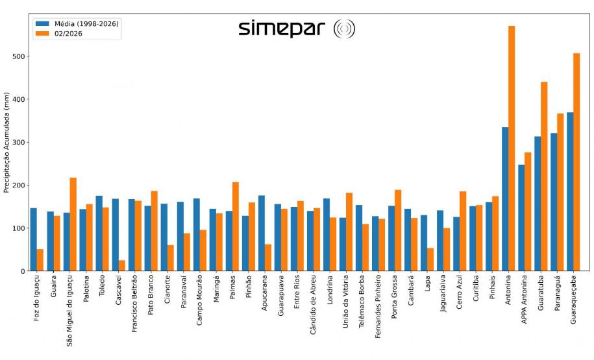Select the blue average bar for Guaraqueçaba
[x=570, y=191]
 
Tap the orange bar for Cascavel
[x=122, y=265]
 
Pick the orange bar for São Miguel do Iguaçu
[x=73, y=224]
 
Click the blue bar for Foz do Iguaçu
[x=34, y=239]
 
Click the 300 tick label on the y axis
[x=19, y=142]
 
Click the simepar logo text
[x=282, y=29]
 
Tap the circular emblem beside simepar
[x=343, y=29]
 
